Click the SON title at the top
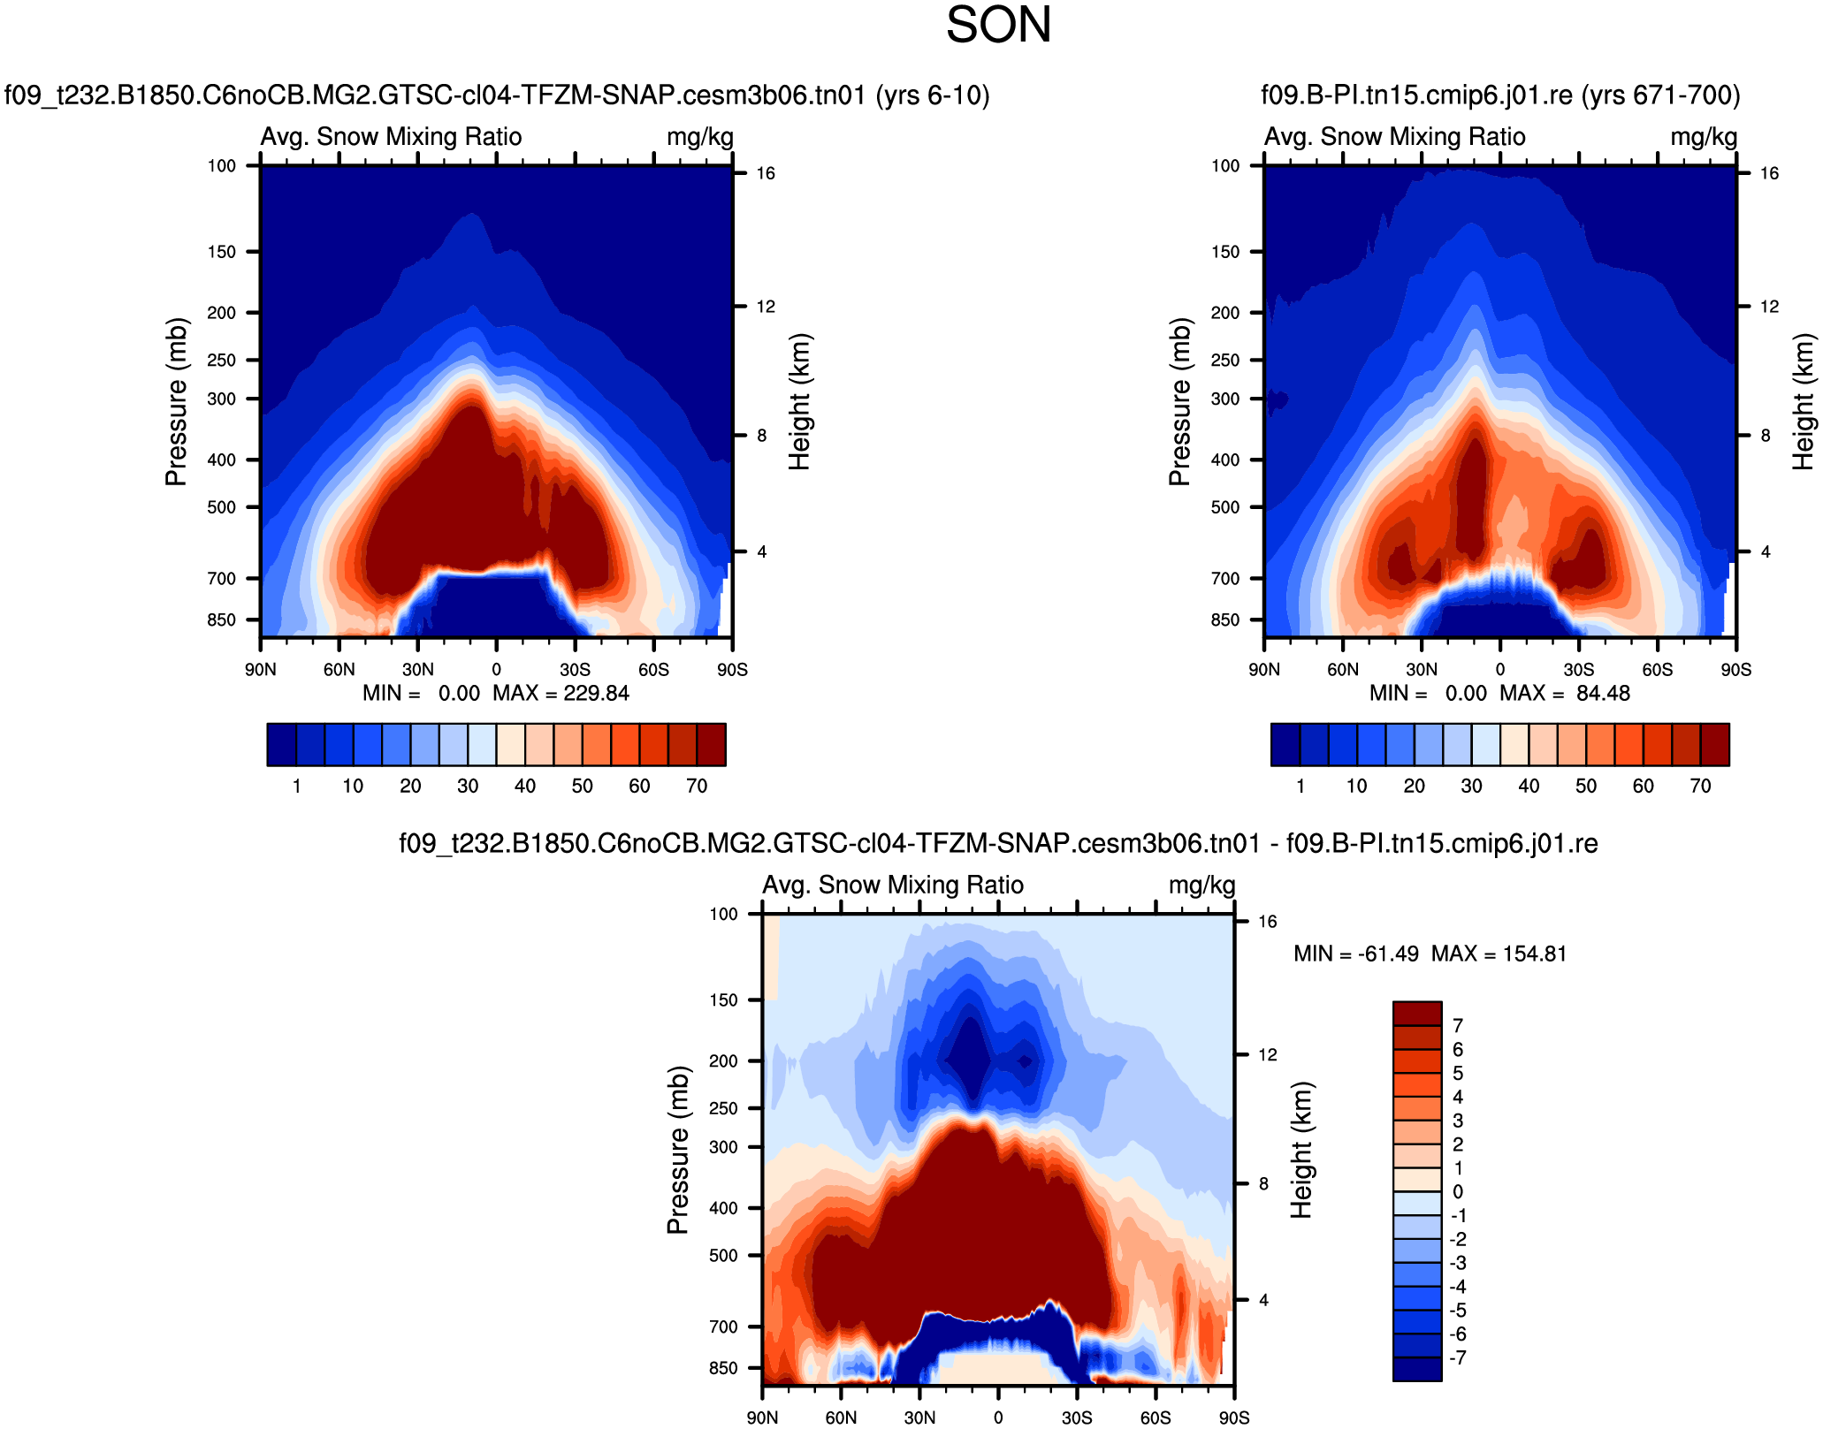(998, 25)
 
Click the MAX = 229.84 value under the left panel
(561, 693)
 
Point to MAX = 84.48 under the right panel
(1564, 693)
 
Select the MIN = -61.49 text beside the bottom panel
(1355, 954)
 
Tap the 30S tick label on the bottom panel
(1076, 1418)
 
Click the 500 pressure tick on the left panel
(222, 507)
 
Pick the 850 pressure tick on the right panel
(1225, 619)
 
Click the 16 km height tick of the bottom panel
(1267, 922)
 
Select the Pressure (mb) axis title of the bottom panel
(677, 1150)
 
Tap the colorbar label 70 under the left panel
(697, 786)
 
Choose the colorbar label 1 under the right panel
(1300, 786)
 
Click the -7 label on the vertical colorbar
(1458, 1357)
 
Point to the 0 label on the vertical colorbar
(1458, 1191)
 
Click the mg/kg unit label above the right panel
(1703, 137)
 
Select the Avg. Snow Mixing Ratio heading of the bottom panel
(893, 885)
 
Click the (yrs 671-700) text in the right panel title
(1660, 95)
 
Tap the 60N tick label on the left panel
(339, 669)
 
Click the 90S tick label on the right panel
(1735, 669)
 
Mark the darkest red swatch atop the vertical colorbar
(1416, 1013)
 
